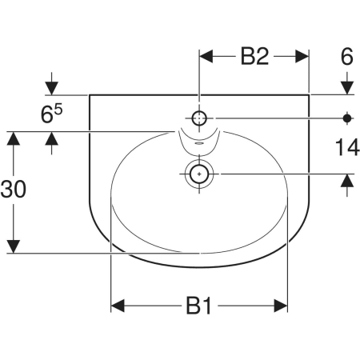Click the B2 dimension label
coord(254,56)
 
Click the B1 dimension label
coord(198,306)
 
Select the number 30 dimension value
coord(14,189)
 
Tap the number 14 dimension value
coord(347,148)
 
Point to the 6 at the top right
coord(347,56)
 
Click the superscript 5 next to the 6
coord(59,110)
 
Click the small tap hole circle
coord(199,118)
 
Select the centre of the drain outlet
coord(199,174)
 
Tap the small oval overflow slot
coord(199,144)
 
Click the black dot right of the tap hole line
coord(347,118)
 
